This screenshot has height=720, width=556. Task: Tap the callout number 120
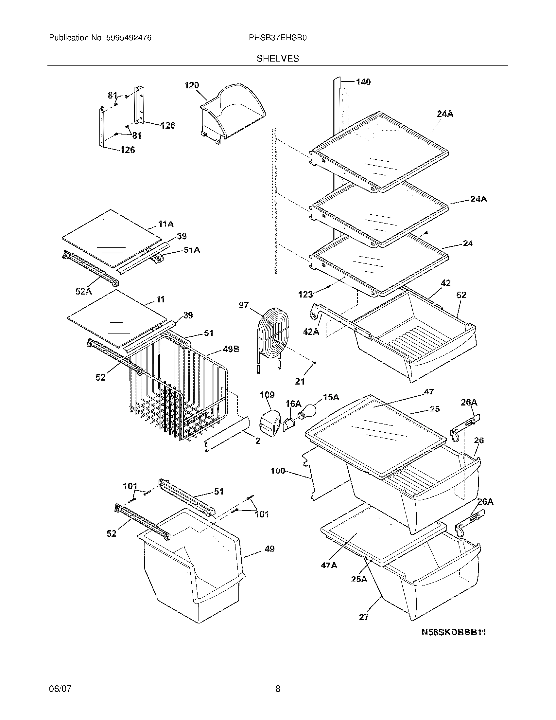point(191,85)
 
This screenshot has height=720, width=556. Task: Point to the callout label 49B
point(231,349)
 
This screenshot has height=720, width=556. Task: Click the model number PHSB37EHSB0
point(278,38)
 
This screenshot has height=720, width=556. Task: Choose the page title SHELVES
point(278,59)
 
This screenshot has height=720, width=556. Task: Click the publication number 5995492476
point(129,38)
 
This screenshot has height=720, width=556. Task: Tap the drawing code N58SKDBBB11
point(454,632)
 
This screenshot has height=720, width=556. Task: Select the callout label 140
point(363,82)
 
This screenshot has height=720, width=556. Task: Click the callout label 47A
point(329,565)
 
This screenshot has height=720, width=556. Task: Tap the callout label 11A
point(166,225)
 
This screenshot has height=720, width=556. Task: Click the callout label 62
point(461,295)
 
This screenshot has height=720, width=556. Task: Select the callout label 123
point(305,295)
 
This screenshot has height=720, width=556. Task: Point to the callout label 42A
point(311,331)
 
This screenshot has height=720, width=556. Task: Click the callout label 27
point(364,617)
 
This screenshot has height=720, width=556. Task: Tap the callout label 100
point(277,471)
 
